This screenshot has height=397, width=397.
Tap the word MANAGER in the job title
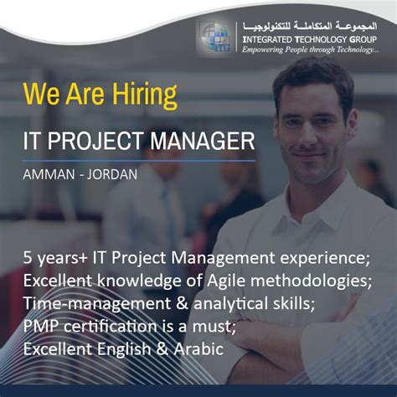click(201, 140)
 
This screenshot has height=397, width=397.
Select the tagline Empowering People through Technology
click(310, 50)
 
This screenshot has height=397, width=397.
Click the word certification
click(106, 325)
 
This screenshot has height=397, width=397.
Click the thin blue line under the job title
click(138, 160)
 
